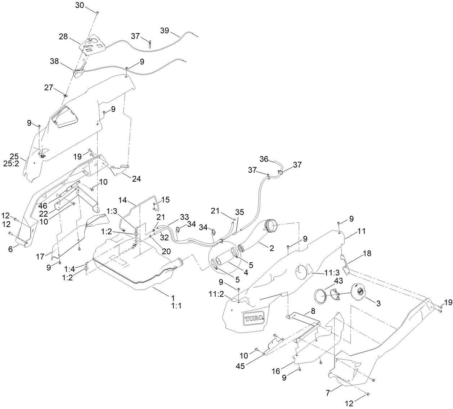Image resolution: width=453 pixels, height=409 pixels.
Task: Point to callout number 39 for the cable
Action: pos(165,31)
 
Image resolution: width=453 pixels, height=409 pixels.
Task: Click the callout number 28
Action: pos(64,36)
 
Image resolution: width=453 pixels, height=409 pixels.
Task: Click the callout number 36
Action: pos(264,159)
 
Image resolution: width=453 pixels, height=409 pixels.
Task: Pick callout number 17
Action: pos(41,257)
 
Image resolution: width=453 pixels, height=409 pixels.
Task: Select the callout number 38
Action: pos(54,62)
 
